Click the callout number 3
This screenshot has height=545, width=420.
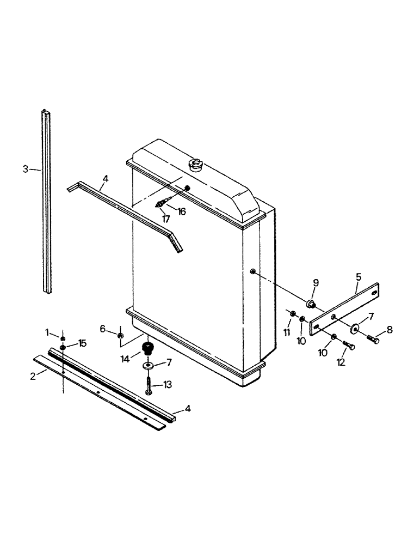click(x=25, y=169)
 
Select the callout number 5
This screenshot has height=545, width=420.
click(x=358, y=277)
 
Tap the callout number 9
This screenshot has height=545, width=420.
click(x=316, y=282)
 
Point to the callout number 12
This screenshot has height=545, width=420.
click(x=341, y=361)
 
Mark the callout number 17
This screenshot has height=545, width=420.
click(x=165, y=219)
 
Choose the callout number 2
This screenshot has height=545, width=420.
click(x=34, y=376)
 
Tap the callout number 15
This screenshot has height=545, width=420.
click(x=82, y=343)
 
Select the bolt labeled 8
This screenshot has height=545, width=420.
click(x=373, y=338)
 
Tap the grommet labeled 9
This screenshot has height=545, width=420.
click(x=312, y=303)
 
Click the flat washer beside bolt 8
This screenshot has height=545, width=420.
click(x=355, y=328)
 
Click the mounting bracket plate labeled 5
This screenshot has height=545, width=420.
click(x=345, y=308)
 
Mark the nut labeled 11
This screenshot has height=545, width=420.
click(x=292, y=313)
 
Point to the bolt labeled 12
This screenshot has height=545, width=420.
click(x=349, y=346)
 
